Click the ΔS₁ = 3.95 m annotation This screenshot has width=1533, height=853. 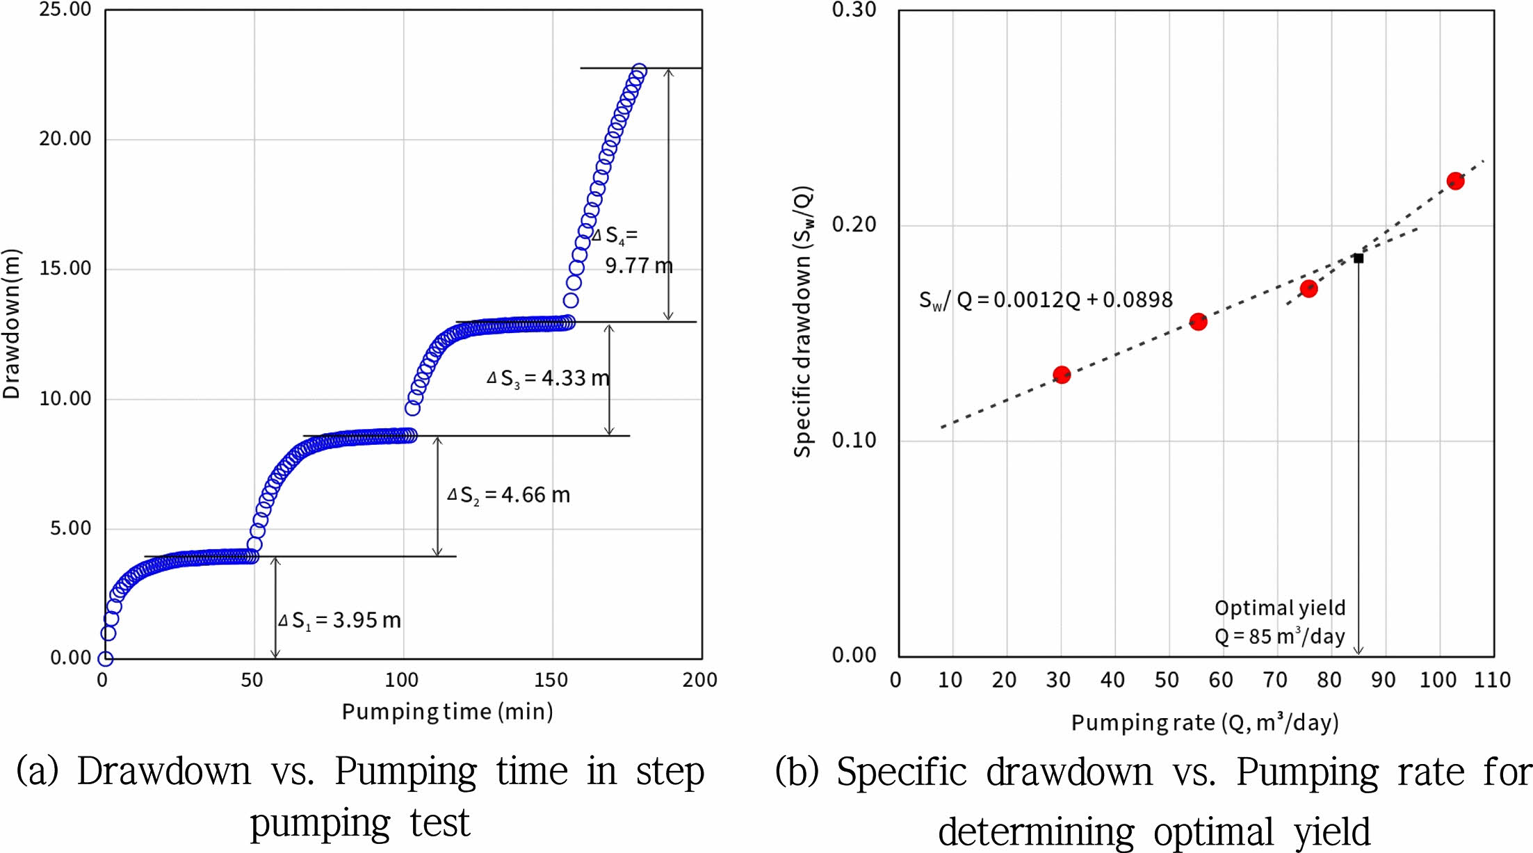[340, 620]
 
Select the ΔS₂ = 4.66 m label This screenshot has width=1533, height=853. [508, 495]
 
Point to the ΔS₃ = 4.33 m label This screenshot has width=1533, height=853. [548, 378]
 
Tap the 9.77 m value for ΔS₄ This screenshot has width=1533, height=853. [638, 266]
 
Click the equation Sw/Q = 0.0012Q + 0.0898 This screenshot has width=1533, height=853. [1046, 300]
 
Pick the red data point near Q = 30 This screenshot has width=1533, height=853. [1061, 375]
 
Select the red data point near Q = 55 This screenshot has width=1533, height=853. [1198, 321]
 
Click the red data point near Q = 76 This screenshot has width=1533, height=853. [1308, 289]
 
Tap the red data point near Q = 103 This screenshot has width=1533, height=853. [1455, 181]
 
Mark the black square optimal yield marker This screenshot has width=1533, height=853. [1358, 258]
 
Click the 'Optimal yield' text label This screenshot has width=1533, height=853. [1280, 608]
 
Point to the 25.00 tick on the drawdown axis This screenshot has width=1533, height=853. [65, 10]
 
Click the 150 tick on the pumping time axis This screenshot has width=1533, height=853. [551, 680]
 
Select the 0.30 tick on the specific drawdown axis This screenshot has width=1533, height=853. [854, 10]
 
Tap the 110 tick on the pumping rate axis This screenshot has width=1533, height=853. [1492, 680]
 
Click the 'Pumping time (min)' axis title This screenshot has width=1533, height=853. [447, 712]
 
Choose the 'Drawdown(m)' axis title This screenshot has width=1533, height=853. [12, 324]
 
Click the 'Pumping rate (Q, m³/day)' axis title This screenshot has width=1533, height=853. [1205, 723]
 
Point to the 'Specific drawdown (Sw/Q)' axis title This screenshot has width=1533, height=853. [803, 321]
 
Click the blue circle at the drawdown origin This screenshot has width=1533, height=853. [105, 658]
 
